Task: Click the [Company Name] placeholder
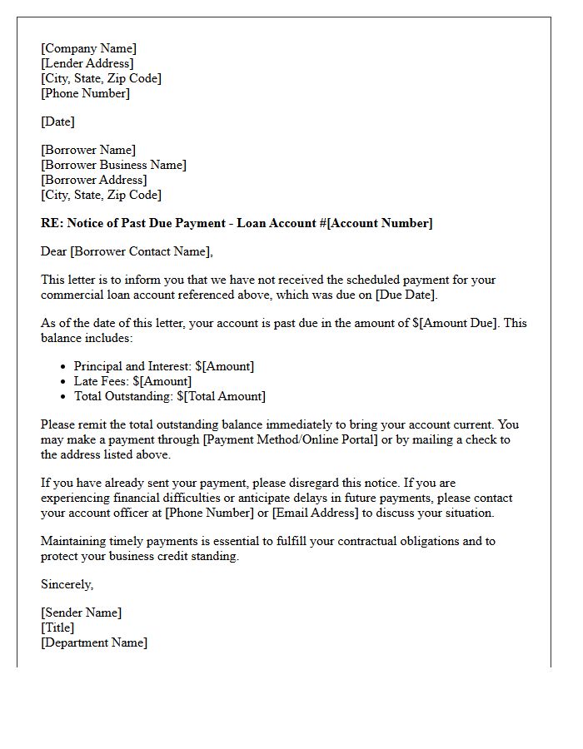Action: tap(88, 48)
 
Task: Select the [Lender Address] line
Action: tap(87, 63)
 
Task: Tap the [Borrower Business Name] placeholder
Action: tap(113, 165)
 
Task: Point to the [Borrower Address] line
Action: tap(93, 180)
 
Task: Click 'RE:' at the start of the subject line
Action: tap(52, 223)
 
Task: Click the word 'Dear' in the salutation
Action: tap(54, 251)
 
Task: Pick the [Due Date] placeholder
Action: tap(406, 295)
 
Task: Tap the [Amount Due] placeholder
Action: tap(458, 323)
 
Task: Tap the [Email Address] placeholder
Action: tap(316, 513)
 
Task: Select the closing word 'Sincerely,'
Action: tap(67, 584)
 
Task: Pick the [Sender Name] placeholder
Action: tap(81, 613)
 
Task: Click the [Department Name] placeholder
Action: tap(94, 642)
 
